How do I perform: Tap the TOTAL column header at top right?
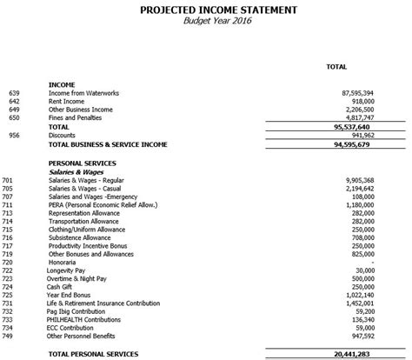(336, 66)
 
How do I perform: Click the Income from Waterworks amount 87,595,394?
(355, 92)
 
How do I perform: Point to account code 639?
(13, 92)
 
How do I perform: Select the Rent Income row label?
(72, 101)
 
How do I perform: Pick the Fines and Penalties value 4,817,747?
(357, 117)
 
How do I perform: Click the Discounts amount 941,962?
(360, 136)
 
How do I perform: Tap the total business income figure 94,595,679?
(355, 144)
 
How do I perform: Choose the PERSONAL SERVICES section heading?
(84, 163)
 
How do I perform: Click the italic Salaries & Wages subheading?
(79, 172)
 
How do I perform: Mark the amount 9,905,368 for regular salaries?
(357, 180)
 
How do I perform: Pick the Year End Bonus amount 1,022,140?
(357, 296)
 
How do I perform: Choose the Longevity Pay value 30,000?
(363, 271)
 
